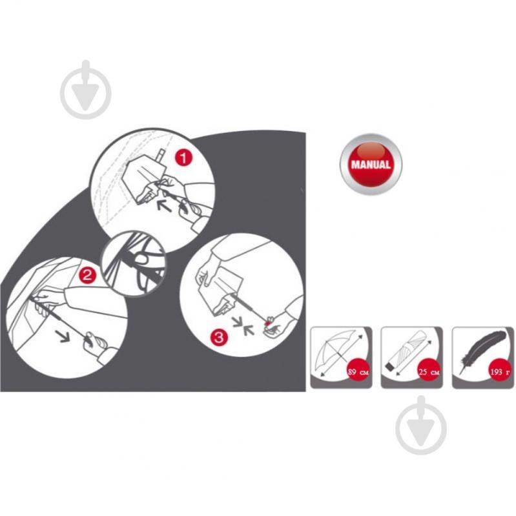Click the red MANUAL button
[x=371, y=164]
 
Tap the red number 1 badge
[x=183, y=158]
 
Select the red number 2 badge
[x=87, y=274]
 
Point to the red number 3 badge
[x=219, y=337]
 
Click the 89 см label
[x=358, y=372]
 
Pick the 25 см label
[x=429, y=372]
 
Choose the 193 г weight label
[x=500, y=372]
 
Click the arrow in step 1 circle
[x=163, y=205]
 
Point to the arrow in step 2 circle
[x=63, y=336]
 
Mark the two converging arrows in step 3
[x=243, y=325]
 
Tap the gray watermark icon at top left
[x=85, y=90]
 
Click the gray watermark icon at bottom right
[x=421, y=425]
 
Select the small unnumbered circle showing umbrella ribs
[x=134, y=264]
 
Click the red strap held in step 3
[x=268, y=323]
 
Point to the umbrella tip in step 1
[x=162, y=154]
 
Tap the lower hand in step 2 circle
[x=93, y=341]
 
